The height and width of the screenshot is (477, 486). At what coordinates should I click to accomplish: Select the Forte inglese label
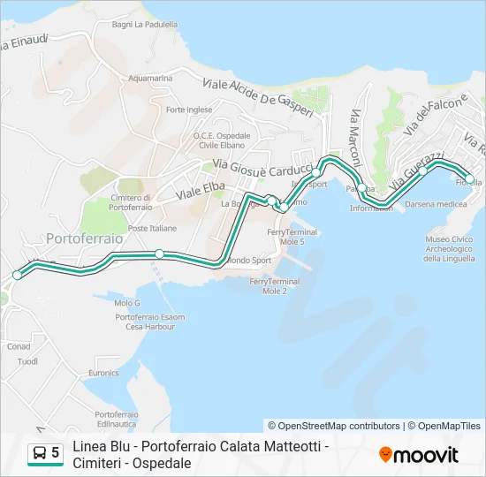(189, 110)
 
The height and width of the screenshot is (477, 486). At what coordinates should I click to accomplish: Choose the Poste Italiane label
(152, 228)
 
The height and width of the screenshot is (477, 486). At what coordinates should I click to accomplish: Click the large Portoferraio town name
(82, 238)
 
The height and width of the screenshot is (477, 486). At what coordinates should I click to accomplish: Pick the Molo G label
(127, 303)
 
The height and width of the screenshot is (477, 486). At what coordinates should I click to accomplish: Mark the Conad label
(19, 347)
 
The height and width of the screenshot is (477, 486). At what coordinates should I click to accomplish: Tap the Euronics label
(103, 374)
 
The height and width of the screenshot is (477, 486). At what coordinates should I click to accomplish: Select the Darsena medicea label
(436, 204)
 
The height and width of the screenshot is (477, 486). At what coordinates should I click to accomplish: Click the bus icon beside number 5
(40, 453)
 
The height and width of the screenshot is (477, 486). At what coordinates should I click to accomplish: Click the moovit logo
(419, 455)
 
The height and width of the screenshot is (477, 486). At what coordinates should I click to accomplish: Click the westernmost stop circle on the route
(17, 276)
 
